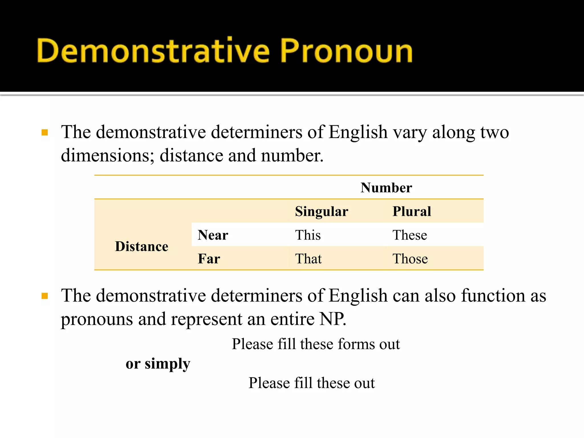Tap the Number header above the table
pyautogui.click(x=386, y=188)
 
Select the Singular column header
pyautogui.click(x=321, y=212)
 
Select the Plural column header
pyautogui.click(x=411, y=212)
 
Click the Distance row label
pyautogui.click(x=141, y=246)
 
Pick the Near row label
pyautogui.click(x=213, y=235)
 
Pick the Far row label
pyautogui.click(x=209, y=259)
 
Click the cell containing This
pyautogui.click(x=308, y=235)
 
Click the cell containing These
pyautogui.click(x=409, y=235)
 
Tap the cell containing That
pyautogui.click(x=308, y=259)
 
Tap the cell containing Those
pyautogui.click(x=410, y=259)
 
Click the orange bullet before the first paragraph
pyautogui.click(x=45, y=133)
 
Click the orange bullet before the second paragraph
pyautogui.click(x=45, y=296)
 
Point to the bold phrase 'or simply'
pyautogui.click(x=158, y=364)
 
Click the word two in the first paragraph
pyautogui.click(x=494, y=133)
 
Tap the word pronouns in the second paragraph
pyautogui.click(x=97, y=319)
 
